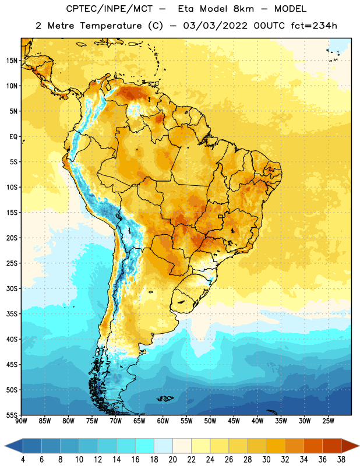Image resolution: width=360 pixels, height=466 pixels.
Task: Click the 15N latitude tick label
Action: [12, 61]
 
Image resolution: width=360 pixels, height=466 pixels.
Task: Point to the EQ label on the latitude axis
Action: [13, 137]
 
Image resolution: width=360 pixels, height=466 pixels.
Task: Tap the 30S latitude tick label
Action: [12, 288]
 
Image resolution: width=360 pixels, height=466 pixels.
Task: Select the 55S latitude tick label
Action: [12, 415]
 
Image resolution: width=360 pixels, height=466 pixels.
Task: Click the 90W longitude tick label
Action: [21, 421]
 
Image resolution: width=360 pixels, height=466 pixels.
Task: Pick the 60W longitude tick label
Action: [163, 421]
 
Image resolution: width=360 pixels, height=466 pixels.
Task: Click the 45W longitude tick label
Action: [234, 421]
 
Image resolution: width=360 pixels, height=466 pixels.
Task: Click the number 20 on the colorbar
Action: [172, 460]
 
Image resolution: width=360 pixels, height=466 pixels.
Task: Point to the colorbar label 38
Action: [341, 460]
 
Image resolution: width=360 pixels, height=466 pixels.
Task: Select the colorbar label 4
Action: [23, 460]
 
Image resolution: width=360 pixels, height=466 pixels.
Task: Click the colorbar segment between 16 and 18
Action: [145, 446]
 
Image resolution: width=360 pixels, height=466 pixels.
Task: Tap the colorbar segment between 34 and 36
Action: [313, 446]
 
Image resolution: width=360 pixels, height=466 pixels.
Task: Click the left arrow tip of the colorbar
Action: [5, 446]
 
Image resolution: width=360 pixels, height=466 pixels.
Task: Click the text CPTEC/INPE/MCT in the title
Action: [109, 9]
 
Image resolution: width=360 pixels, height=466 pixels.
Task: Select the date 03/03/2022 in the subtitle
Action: [215, 26]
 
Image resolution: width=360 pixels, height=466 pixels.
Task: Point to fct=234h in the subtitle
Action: [314, 26]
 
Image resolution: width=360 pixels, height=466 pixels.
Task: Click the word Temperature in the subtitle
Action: [111, 26]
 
